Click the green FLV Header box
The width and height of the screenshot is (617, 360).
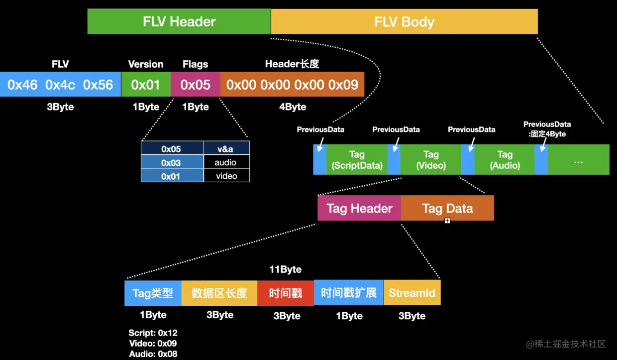pos(179,22)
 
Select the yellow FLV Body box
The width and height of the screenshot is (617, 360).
pos(404,22)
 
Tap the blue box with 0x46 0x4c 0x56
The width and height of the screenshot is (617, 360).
pos(60,85)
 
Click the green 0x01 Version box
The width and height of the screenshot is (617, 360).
pos(145,85)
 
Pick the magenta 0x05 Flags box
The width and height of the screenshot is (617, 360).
pos(195,85)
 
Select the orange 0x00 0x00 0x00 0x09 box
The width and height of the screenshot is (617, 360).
pos(292,85)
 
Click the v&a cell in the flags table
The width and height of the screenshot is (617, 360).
pos(226,148)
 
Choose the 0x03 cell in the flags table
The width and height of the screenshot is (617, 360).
pos(172,162)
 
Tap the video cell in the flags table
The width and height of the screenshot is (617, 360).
pos(226,176)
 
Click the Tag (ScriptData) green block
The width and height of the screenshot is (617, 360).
pos(357,160)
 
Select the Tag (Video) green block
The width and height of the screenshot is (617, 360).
pos(431,160)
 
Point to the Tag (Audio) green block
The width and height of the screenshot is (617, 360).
pos(505,160)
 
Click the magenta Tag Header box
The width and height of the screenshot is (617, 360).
pos(359,208)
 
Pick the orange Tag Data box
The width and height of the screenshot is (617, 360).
pos(447,208)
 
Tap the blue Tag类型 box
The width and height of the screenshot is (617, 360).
pos(153,293)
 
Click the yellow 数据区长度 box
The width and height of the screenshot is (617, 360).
pos(219,293)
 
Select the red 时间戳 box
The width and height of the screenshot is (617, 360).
pos(286,293)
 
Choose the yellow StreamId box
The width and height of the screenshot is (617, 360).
pos(412,293)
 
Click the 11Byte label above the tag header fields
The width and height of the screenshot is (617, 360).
pos(286,269)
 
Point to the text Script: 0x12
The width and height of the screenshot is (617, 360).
pos(153,333)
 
